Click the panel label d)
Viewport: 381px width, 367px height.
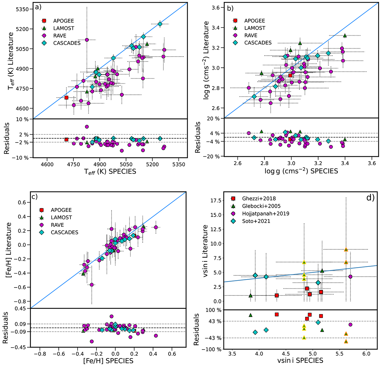pos(370,197)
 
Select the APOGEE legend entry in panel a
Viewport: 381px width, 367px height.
pos(63,21)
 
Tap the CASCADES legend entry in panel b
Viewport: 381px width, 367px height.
pos(258,43)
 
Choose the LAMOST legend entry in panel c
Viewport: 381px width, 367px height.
pos(61,218)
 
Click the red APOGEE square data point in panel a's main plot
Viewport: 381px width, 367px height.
pos(66,98)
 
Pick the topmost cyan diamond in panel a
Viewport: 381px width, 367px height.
pos(160,24)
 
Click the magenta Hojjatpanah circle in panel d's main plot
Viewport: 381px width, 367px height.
pos(351,277)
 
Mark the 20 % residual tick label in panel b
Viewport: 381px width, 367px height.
pos(213,119)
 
